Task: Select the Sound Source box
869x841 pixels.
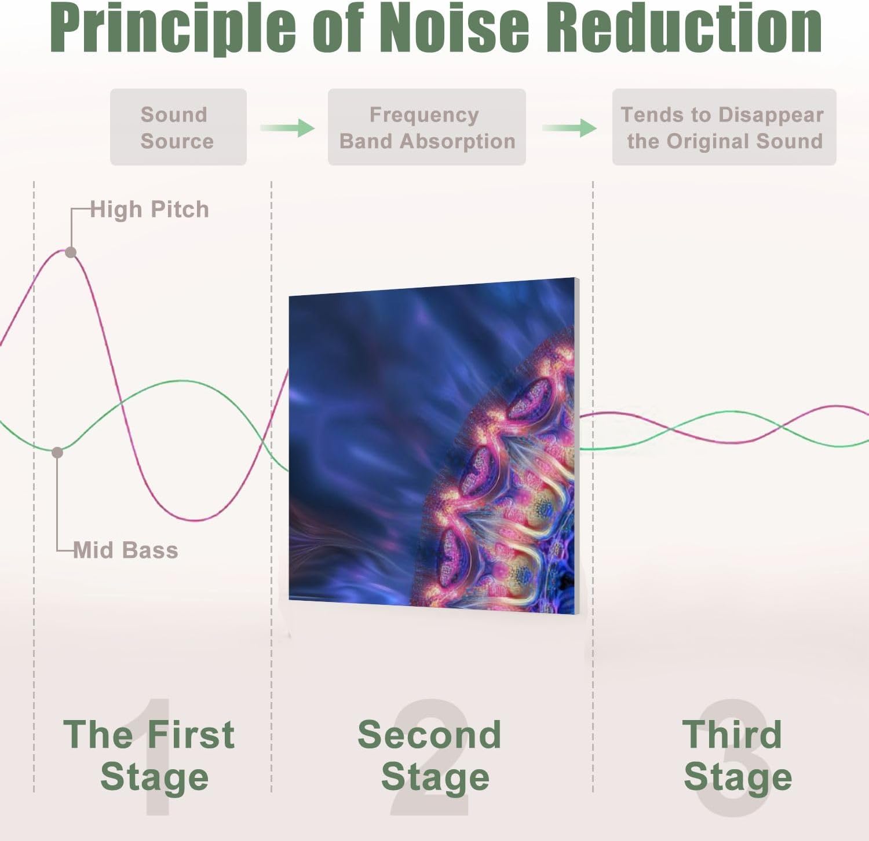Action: tap(178, 127)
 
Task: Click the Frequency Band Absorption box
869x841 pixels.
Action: tap(427, 127)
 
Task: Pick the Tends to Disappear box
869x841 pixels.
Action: tap(724, 127)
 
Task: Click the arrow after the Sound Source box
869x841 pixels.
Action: tap(287, 127)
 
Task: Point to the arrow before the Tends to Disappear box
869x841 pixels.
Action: tap(569, 127)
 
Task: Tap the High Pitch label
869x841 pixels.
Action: tap(149, 210)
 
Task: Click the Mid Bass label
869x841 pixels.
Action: tap(126, 550)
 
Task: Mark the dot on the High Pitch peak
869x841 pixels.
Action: tap(71, 252)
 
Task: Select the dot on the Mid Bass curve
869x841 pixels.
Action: tap(57, 452)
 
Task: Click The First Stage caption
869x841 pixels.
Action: tap(149, 755)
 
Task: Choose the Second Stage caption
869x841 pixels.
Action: tap(430, 755)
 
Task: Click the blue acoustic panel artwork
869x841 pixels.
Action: tap(434, 446)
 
